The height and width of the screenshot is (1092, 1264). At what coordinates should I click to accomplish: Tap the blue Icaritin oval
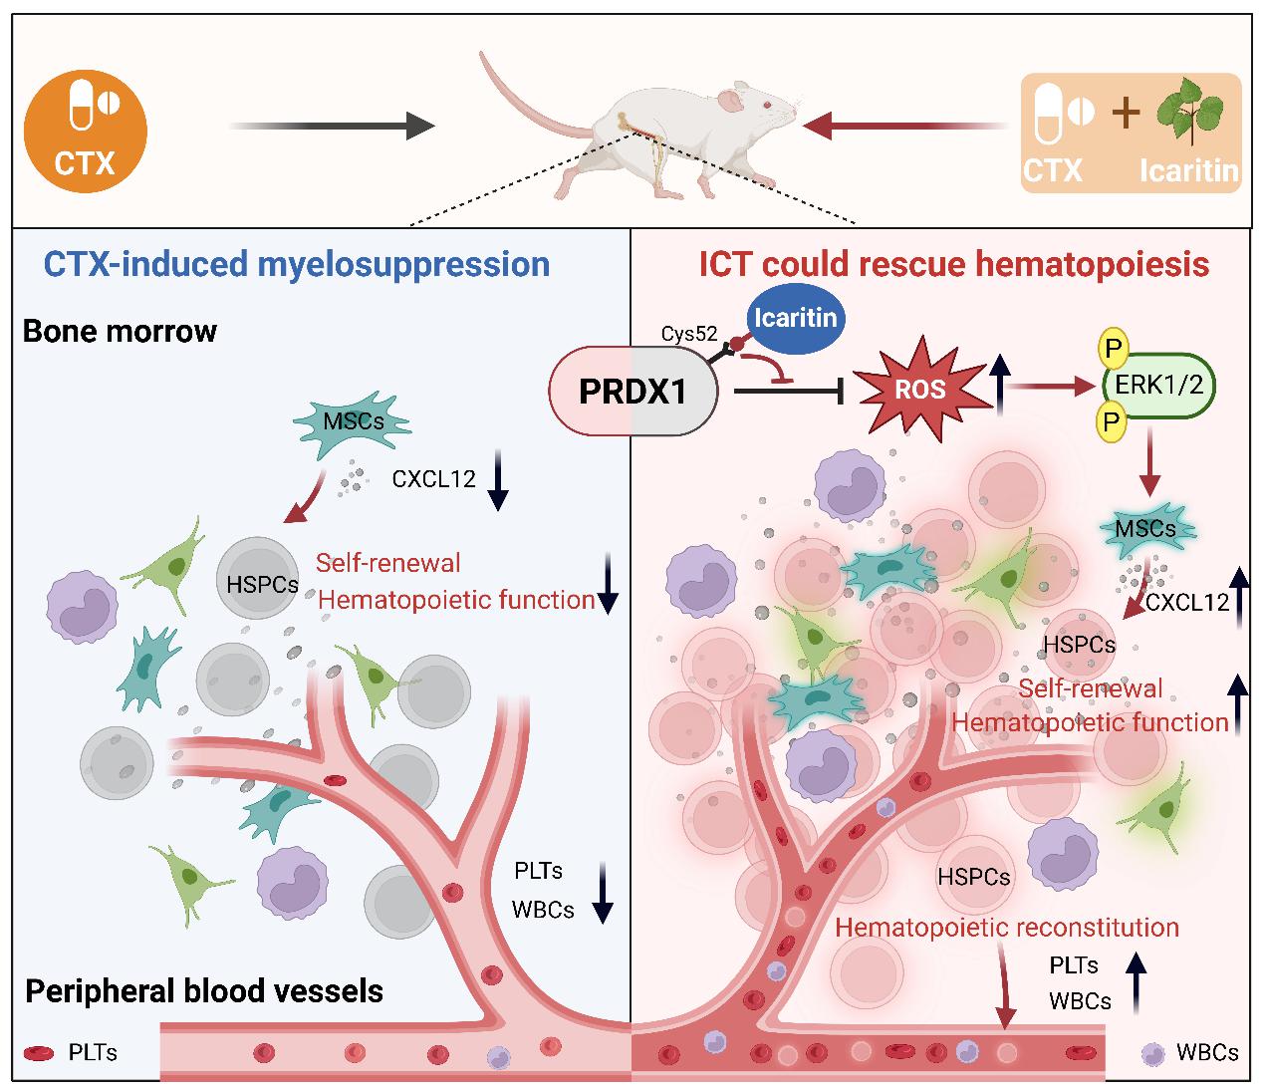click(x=795, y=319)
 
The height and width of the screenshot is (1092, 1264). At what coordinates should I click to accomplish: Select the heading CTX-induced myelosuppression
click(x=296, y=264)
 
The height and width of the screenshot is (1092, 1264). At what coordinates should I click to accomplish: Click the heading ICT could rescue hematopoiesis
click(x=953, y=264)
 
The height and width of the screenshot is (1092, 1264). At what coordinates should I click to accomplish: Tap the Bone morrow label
click(x=120, y=331)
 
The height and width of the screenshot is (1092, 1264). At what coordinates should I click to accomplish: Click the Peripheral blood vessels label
click(x=204, y=991)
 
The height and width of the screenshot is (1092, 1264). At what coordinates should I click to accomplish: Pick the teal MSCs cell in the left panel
click(x=353, y=423)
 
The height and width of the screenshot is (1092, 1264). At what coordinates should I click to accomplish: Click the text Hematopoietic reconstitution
click(x=1006, y=928)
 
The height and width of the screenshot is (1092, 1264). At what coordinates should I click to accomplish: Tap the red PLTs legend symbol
click(x=39, y=1053)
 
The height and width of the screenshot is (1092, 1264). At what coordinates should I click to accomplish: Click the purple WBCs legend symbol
click(x=1153, y=1053)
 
